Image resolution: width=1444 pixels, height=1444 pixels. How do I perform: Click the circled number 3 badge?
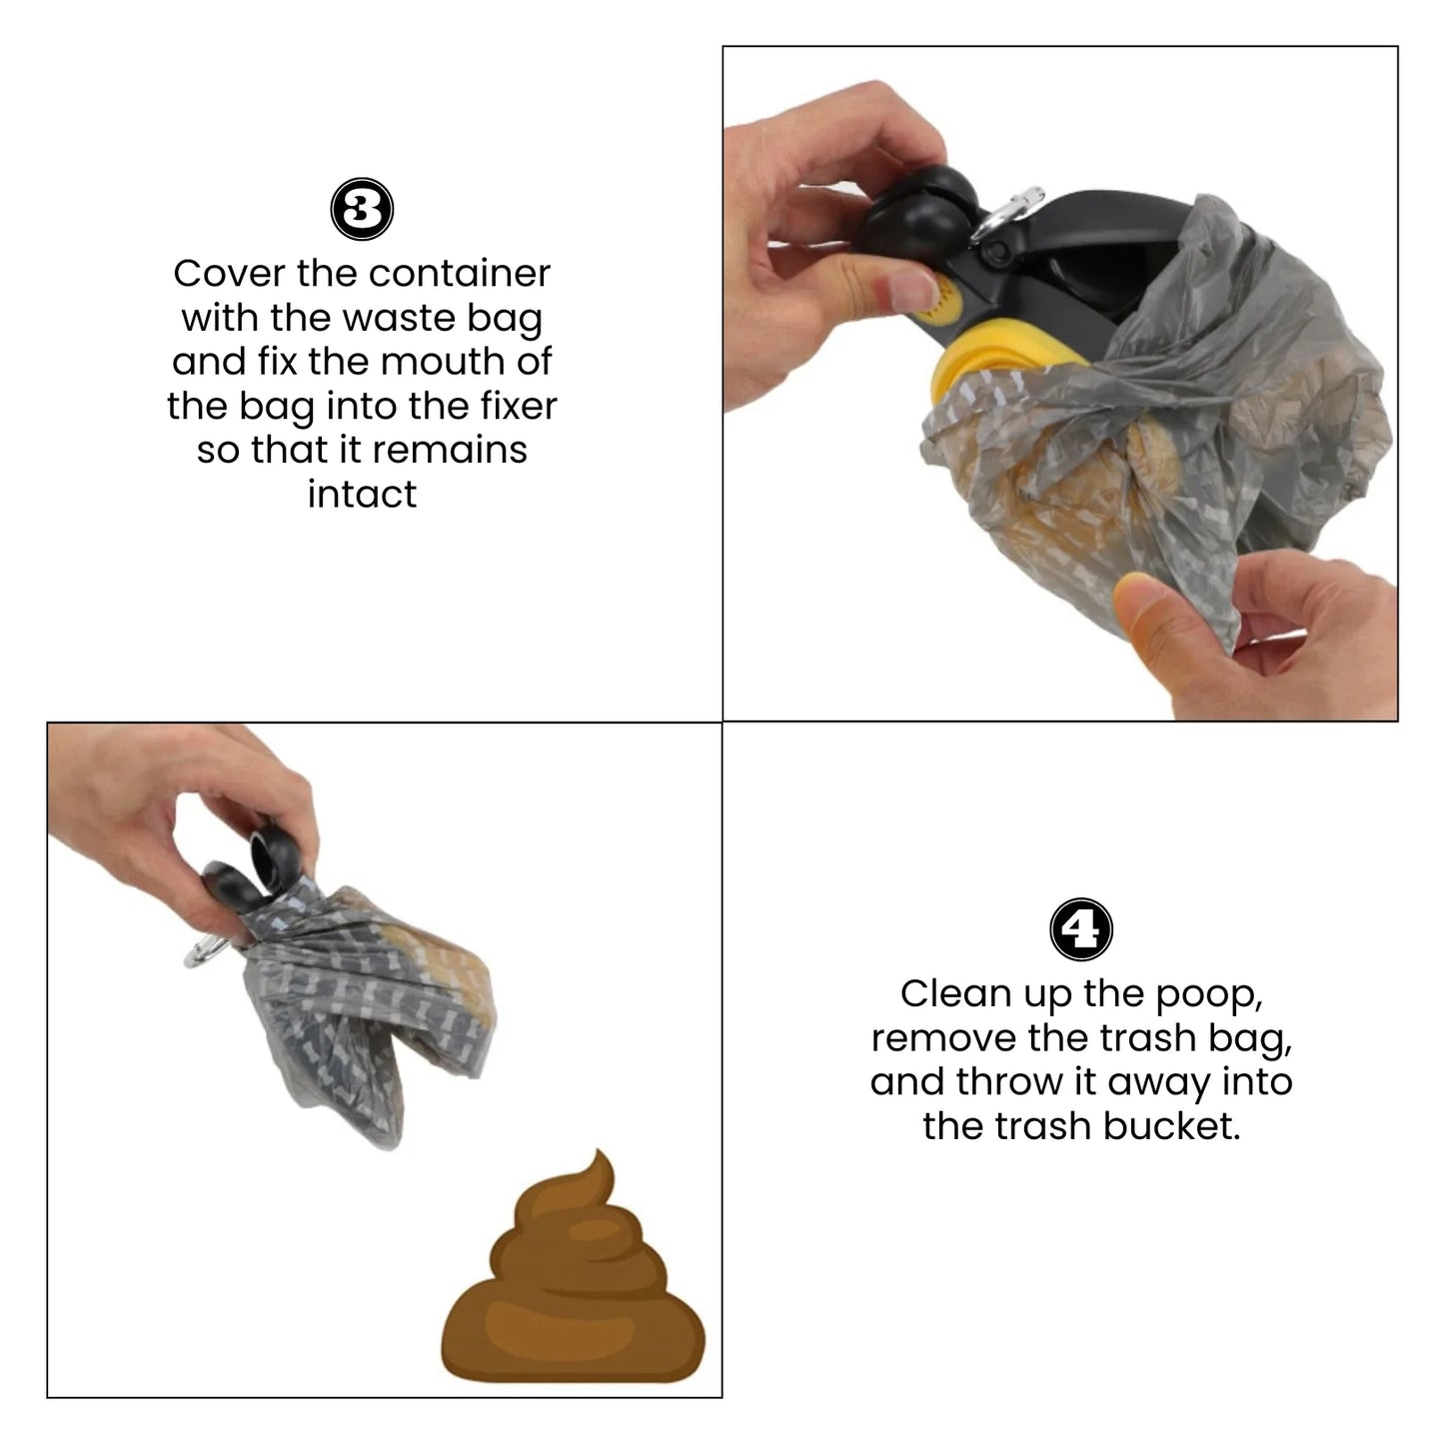(362, 209)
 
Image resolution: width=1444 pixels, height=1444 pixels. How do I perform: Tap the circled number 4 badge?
(1080, 929)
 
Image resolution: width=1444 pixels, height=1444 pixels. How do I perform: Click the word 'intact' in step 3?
(362, 495)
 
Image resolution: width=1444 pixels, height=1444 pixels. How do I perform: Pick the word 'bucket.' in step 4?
(1172, 1126)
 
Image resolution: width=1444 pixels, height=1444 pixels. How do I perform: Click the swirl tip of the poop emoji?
(598, 1153)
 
